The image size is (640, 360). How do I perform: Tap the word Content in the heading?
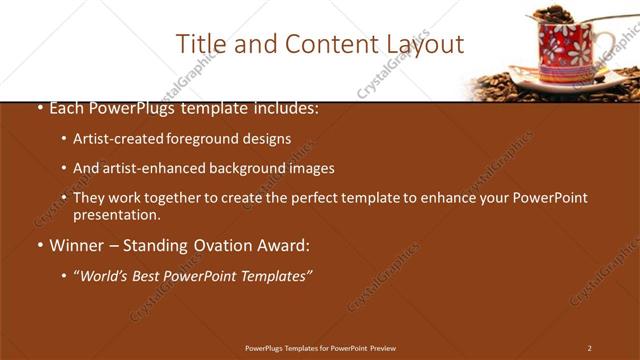(323, 44)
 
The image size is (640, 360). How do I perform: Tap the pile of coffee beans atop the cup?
(553, 14)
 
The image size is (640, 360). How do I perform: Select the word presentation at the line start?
(116, 215)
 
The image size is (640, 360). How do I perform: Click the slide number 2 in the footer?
(589, 348)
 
